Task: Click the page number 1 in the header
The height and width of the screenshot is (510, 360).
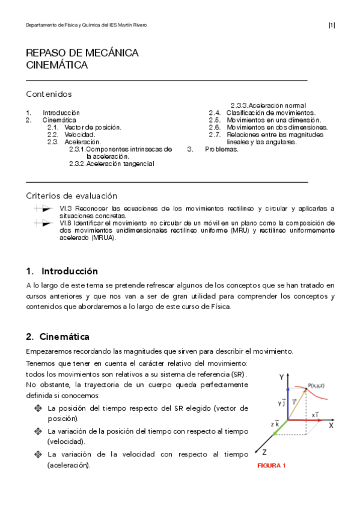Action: pyautogui.click(x=332, y=25)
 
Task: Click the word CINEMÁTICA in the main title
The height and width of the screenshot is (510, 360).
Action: pyautogui.click(x=57, y=65)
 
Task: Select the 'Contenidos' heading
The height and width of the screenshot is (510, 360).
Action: pyautogui.click(x=49, y=94)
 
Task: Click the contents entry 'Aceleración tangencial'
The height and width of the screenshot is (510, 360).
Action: pyautogui.click(x=120, y=164)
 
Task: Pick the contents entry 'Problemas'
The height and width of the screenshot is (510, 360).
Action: pyautogui.click(x=221, y=149)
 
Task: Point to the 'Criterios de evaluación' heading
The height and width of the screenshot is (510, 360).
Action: pyautogui.click(x=72, y=196)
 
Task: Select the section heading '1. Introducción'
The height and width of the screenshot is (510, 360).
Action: pyautogui.click(x=62, y=271)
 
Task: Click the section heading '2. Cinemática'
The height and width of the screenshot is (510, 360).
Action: pyautogui.click(x=58, y=336)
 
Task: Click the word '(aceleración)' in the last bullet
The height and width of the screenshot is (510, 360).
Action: pyautogui.click(x=69, y=465)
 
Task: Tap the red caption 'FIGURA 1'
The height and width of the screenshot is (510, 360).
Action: pyautogui.click(x=271, y=465)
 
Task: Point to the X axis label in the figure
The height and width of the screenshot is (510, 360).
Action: pyautogui.click(x=331, y=425)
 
